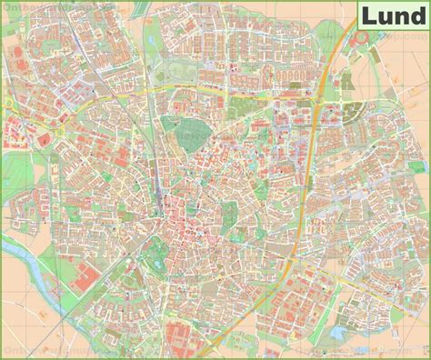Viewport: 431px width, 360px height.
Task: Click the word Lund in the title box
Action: coord(392,16)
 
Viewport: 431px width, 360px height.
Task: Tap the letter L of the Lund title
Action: coord(366,16)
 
